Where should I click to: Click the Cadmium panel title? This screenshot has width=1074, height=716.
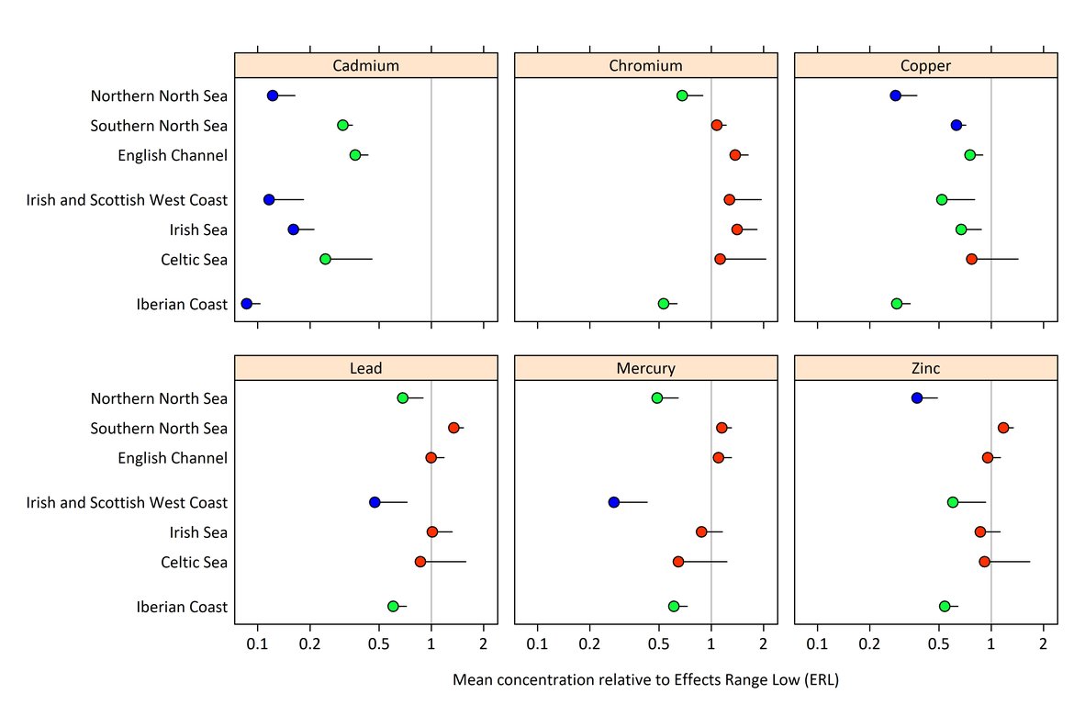365,65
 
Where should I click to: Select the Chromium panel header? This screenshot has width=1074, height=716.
645,65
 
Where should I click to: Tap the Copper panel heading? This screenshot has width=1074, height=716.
925,65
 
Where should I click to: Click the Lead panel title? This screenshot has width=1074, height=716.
365,368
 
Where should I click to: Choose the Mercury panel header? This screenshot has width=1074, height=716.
645,368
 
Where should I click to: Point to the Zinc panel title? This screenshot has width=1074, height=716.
925,368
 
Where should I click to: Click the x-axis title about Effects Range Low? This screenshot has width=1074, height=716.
645,680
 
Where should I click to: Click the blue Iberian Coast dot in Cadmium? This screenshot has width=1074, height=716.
246,303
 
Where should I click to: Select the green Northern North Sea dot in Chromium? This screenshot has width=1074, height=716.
682,95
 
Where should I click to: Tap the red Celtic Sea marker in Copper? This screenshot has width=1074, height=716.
971,259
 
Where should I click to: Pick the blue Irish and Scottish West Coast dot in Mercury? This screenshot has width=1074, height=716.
614,502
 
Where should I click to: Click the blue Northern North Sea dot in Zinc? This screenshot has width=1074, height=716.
916,397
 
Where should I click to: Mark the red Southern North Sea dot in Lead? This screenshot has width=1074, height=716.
453,428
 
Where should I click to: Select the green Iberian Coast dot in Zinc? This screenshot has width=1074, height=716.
945,606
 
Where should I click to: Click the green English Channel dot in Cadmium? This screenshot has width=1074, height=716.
355,154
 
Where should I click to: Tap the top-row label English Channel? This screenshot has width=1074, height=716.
172,155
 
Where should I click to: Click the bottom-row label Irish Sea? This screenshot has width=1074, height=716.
197,532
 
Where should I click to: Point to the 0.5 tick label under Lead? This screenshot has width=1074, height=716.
379,643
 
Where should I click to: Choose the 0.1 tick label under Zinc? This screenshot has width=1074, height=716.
817,643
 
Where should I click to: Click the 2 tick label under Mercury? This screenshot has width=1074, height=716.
763,643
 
